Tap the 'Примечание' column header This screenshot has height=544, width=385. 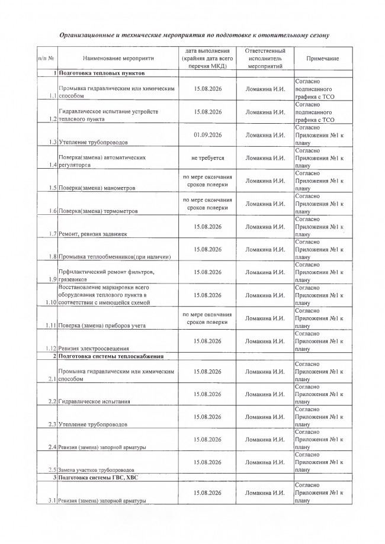click(323, 59)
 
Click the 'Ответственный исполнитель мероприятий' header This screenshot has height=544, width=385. click(265, 59)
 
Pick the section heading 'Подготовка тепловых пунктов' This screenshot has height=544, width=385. click(98, 73)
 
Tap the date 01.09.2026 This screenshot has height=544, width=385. click(207, 134)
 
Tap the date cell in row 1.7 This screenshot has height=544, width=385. click(207, 226)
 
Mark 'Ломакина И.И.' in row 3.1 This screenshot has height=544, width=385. click(265, 493)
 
